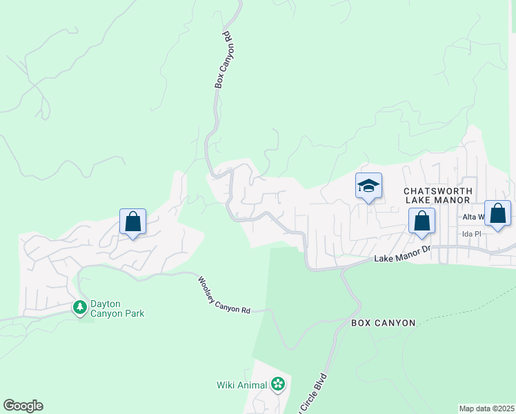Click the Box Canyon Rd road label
click(x=226, y=59)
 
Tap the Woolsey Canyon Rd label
click(x=224, y=295)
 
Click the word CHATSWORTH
click(x=437, y=190)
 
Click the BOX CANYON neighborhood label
click(x=383, y=323)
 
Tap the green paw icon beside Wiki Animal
click(x=277, y=384)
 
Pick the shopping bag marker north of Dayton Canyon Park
click(x=132, y=222)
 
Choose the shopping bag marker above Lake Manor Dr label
click(x=421, y=221)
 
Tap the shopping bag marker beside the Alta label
click(x=497, y=214)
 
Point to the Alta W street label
click(x=474, y=217)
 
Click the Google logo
click(x=23, y=406)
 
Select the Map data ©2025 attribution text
click(x=486, y=408)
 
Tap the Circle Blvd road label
click(x=314, y=395)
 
